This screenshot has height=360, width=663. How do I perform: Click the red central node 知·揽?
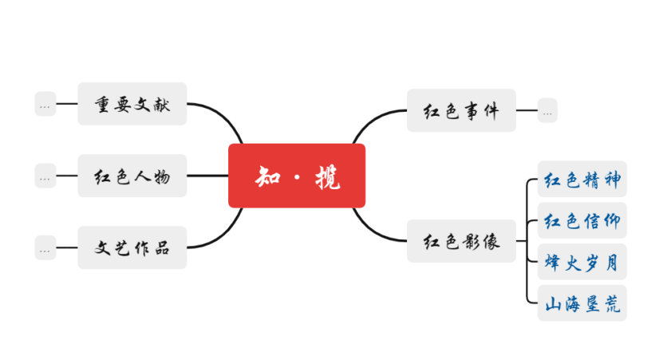point(297,176)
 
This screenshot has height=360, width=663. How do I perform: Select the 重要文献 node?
point(132,104)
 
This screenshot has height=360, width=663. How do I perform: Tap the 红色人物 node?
point(132,176)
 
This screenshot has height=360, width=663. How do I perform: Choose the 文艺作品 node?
point(132,247)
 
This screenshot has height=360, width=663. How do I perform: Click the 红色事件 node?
point(461,111)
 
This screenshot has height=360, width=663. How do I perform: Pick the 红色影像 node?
point(461,241)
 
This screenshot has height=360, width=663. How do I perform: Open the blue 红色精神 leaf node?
point(582,179)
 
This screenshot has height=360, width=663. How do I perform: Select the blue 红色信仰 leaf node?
point(582,220)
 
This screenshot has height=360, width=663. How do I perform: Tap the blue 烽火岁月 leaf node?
point(582,262)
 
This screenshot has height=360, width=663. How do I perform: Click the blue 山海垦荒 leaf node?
point(582,303)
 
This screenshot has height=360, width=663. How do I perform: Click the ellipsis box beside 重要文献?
point(45,104)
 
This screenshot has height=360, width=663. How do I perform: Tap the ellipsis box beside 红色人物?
point(45,176)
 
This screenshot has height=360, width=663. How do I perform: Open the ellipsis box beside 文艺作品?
point(45,248)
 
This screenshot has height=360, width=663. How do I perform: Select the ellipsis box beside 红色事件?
point(547,111)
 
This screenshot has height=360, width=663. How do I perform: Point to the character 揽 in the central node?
point(327,176)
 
